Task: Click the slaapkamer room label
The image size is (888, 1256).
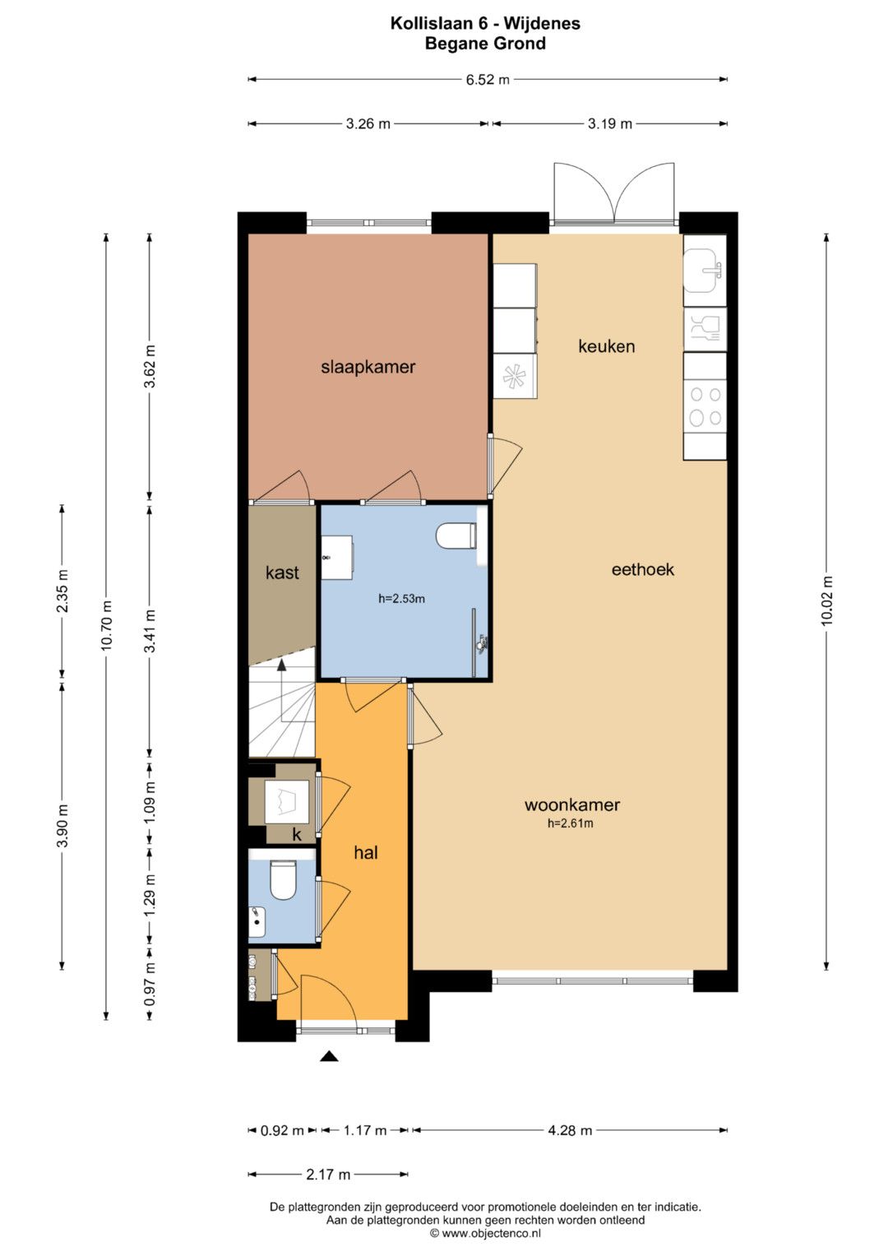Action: (x=368, y=368)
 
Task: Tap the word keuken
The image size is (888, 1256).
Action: (x=607, y=346)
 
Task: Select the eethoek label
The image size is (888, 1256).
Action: (x=642, y=570)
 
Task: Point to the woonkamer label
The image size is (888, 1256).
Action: (x=571, y=804)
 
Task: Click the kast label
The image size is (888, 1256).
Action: (x=282, y=572)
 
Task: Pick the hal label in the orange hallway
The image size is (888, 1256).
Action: (x=366, y=853)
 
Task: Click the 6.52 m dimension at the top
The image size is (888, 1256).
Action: (x=488, y=80)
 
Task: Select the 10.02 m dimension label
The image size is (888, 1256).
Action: (x=827, y=600)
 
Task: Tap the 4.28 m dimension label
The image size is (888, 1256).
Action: (x=570, y=1130)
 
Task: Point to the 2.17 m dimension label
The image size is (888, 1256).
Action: (x=328, y=1174)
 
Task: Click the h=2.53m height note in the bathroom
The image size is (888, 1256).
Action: (x=401, y=599)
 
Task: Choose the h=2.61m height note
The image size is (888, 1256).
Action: (x=570, y=823)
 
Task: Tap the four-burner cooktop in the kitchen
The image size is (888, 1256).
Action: (x=705, y=406)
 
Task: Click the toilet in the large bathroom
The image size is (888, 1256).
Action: (x=456, y=536)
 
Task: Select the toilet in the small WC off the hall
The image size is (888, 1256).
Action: (x=283, y=881)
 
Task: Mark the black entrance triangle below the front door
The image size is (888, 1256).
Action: (x=329, y=1056)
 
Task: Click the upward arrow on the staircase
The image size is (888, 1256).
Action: (x=281, y=691)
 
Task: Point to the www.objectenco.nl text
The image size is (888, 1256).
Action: (x=491, y=1233)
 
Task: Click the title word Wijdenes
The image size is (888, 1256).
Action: (x=542, y=23)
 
